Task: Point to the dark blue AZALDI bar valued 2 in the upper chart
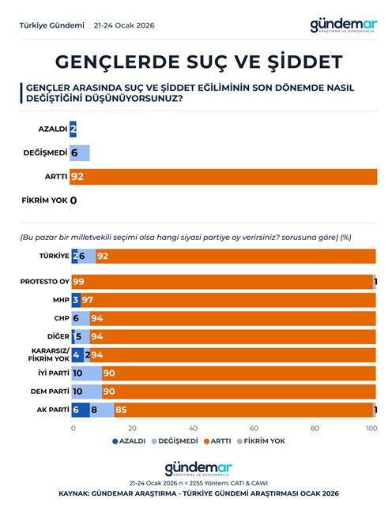tap(73, 129)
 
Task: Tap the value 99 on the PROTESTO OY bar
tap(78, 282)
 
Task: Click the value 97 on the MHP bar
tap(89, 300)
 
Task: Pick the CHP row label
tap(59, 318)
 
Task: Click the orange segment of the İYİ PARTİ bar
tap(237, 373)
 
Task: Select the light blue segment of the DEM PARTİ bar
tap(86, 391)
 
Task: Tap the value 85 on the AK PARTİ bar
tap(121, 409)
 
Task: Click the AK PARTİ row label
tap(52, 409)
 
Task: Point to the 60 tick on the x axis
tap(254, 429)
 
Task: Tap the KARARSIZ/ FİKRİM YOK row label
tap(49, 354)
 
